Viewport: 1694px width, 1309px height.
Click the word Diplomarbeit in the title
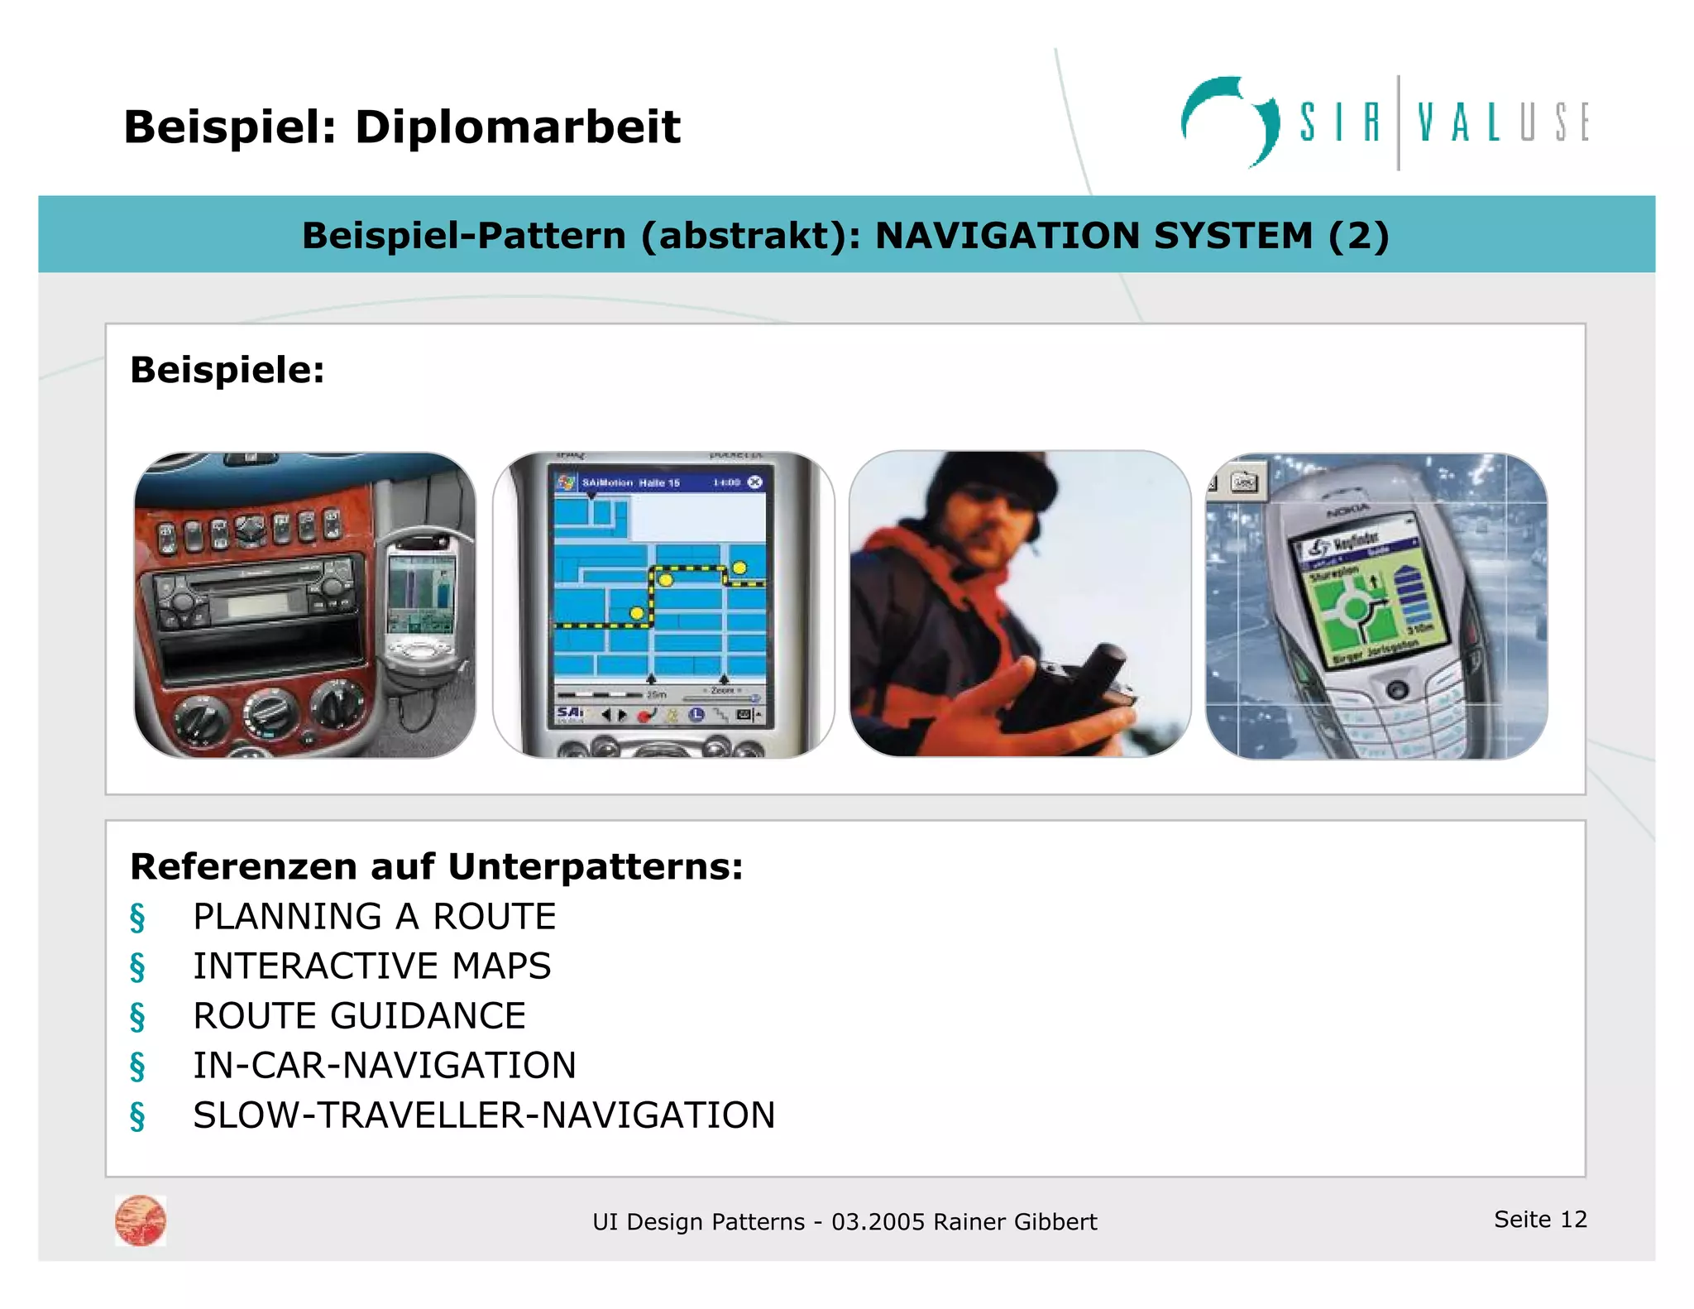point(517,127)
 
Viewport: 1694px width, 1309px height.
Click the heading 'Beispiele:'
point(227,370)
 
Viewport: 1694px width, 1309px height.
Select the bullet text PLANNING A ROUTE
point(374,917)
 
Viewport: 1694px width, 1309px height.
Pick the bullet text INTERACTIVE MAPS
point(371,966)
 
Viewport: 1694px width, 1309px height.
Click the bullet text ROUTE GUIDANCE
point(359,1016)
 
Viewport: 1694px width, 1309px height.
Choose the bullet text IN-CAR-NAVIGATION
point(385,1066)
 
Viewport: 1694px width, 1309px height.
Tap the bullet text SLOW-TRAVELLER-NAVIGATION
point(484,1115)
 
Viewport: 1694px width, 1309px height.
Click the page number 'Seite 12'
point(1540,1219)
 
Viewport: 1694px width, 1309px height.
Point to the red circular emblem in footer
point(141,1220)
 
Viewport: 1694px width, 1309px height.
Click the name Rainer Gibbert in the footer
point(1015,1222)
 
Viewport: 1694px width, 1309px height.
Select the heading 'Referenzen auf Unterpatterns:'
point(437,867)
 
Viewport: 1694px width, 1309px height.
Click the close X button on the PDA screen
point(754,482)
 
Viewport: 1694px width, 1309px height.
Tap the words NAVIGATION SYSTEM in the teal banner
point(1093,236)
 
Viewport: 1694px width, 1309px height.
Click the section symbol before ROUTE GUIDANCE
point(137,1017)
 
